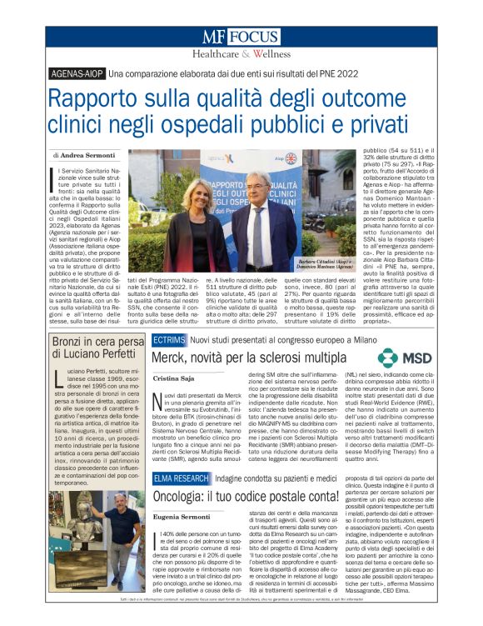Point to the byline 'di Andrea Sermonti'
82,155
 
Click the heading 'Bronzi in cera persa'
97,344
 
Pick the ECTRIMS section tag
169,340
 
